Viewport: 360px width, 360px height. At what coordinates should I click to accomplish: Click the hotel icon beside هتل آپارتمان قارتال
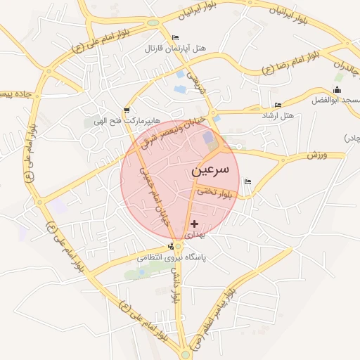[175, 37]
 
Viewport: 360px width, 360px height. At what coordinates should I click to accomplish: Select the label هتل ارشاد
[277, 115]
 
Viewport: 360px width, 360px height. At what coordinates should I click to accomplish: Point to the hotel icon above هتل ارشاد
[278, 105]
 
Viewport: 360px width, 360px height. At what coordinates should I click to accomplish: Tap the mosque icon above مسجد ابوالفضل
[337, 90]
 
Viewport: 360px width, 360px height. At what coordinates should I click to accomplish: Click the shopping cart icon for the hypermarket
[127, 110]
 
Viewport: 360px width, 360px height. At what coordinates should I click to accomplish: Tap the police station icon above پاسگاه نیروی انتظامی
[171, 247]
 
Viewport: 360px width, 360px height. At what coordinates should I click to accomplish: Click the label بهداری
[195, 233]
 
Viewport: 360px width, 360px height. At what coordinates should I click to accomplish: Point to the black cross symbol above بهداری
[195, 224]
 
